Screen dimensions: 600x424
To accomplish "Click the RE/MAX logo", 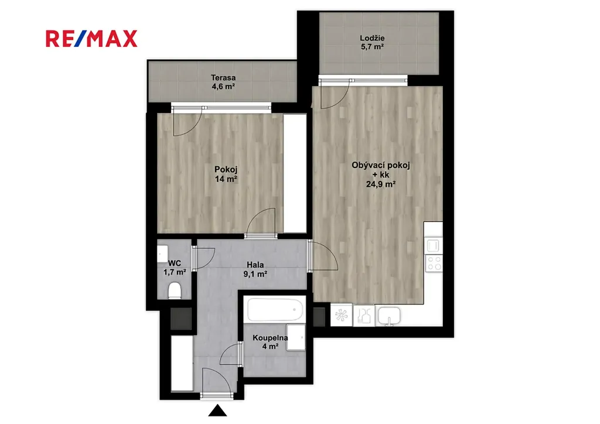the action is click(91, 39).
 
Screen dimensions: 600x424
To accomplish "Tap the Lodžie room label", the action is click(372, 42).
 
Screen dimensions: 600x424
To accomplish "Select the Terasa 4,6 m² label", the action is click(223, 82).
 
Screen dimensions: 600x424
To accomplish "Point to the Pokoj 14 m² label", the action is click(226, 174).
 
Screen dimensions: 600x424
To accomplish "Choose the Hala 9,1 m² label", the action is click(255, 269).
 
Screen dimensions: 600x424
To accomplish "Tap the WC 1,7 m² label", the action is click(175, 268).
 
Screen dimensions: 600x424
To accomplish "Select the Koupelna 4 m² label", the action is click(270, 342).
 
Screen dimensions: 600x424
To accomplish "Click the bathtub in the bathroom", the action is click(275, 310).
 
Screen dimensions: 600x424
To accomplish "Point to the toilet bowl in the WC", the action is click(175, 290).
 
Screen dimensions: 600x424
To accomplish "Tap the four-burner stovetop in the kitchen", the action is click(434, 264).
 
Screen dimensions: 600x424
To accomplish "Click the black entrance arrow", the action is click(218, 411).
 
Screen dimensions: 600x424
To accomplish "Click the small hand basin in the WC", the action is click(162, 254).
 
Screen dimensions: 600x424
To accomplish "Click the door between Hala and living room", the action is click(323, 257).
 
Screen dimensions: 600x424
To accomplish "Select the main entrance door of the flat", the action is click(217, 382).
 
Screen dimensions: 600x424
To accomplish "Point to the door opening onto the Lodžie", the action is click(335, 94).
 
